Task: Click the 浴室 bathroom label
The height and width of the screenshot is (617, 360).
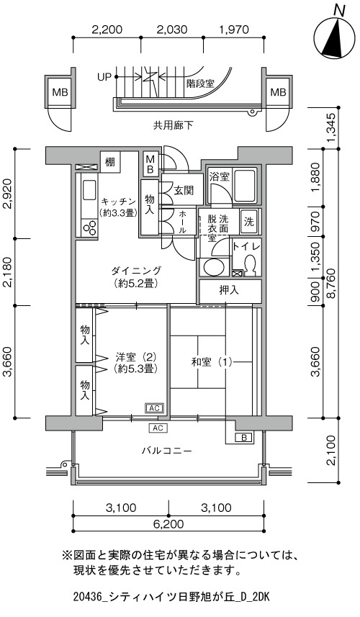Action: point(219,176)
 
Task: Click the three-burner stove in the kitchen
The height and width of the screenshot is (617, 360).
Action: point(90,228)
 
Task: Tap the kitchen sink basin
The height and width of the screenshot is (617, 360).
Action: point(89,192)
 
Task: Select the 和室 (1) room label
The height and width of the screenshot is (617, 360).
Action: point(212,361)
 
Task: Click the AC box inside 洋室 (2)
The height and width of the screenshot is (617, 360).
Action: point(154,408)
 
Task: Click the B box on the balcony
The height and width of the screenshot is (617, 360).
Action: point(243,437)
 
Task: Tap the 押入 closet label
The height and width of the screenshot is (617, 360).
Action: point(229,290)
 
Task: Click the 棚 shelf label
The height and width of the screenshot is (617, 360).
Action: point(110,161)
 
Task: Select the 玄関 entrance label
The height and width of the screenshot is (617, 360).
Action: point(184,191)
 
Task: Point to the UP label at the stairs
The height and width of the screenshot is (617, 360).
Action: point(104,77)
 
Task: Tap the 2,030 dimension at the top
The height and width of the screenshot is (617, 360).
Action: point(171,30)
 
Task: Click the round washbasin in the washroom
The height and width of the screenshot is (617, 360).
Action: point(212,267)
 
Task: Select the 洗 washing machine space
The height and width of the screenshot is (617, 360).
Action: point(249,222)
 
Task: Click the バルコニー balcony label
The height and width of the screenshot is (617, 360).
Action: point(167,450)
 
